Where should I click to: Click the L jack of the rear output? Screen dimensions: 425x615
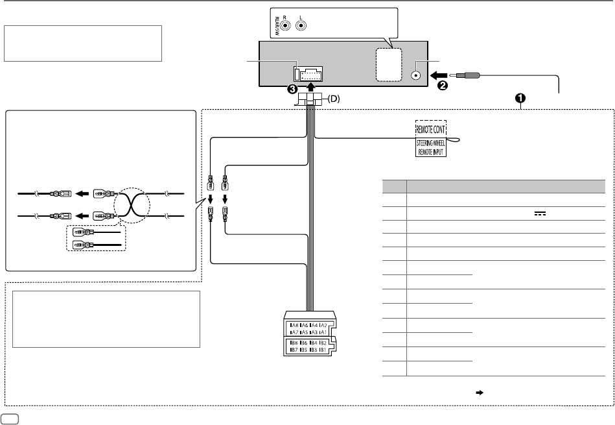pos(301,26)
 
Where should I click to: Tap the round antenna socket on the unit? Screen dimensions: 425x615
pos(416,75)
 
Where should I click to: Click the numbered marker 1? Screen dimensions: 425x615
pos(520,98)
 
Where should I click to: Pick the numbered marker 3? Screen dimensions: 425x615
pos(294,88)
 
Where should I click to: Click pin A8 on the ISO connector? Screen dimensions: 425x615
pos(296,325)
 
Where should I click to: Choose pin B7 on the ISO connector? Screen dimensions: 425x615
pos(296,349)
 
